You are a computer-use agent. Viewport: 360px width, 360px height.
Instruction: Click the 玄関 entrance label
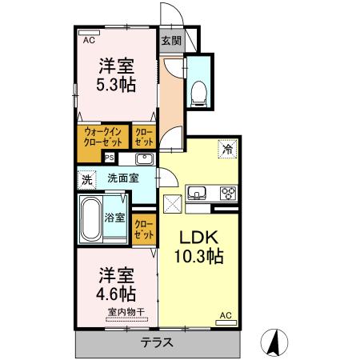point(170,40)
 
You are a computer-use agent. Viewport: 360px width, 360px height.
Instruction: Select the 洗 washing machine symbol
point(86,179)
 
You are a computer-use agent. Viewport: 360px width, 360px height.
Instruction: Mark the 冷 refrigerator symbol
point(228,149)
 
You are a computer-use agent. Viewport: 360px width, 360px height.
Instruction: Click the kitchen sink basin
point(197,193)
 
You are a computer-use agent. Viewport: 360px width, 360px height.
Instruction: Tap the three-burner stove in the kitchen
point(227,193)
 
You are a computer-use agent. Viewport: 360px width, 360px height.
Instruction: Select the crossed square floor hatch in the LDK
point(172,202)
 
